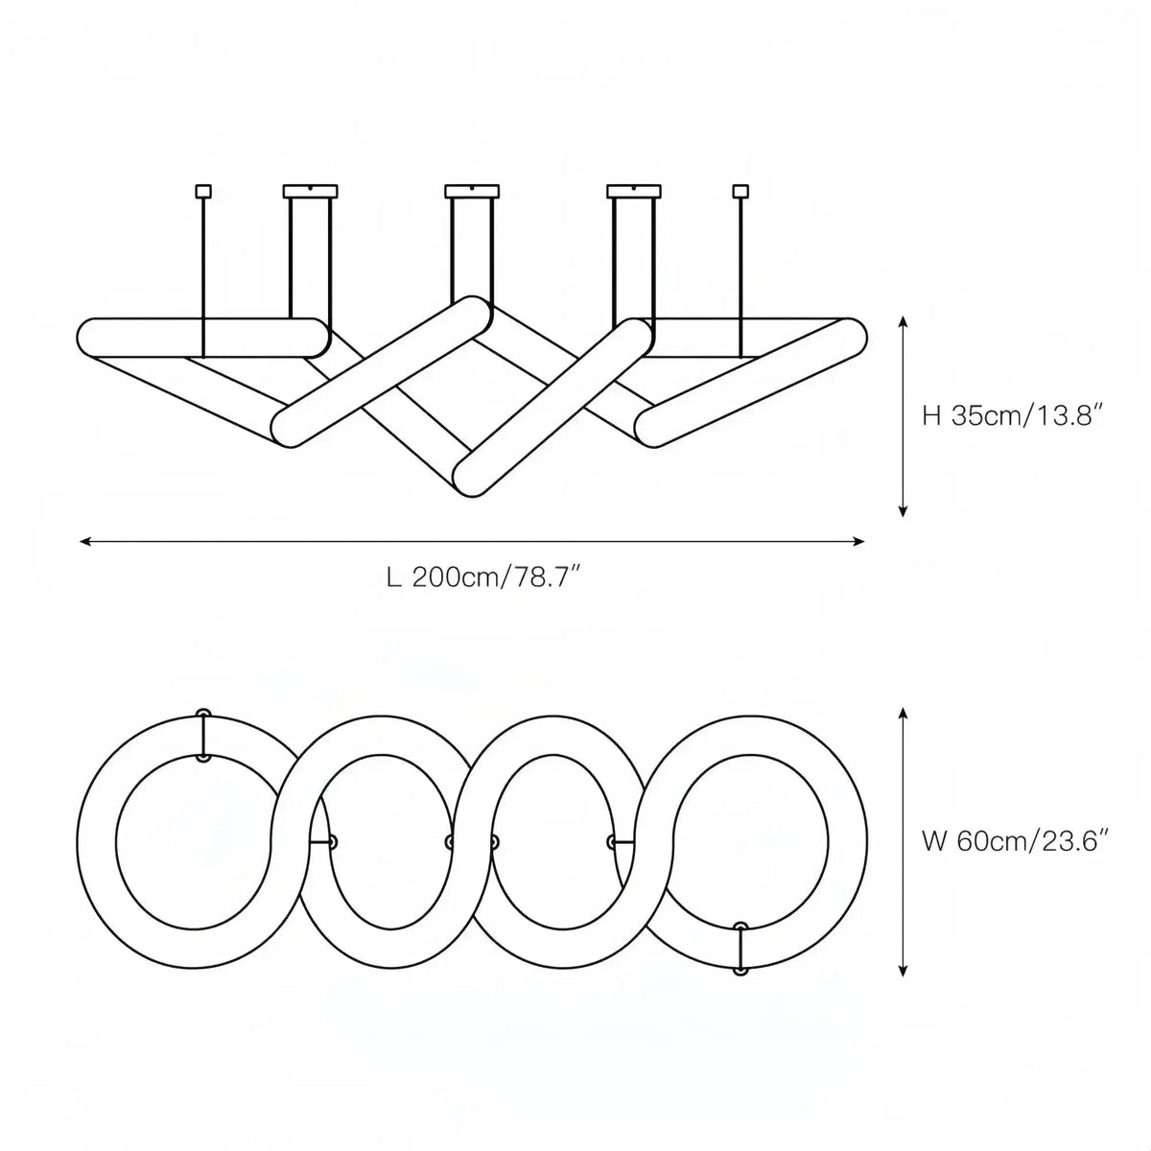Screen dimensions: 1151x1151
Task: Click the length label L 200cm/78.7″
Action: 483,577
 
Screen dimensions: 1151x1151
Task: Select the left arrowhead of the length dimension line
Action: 85,541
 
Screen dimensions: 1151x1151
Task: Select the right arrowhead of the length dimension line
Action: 858,541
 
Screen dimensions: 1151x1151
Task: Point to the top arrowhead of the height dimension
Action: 903,323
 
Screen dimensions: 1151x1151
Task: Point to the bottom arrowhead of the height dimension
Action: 903,510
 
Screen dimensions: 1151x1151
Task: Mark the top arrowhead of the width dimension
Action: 903,714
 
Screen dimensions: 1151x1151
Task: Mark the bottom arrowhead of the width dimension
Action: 903,971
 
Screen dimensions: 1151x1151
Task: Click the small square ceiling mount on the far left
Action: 203,191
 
